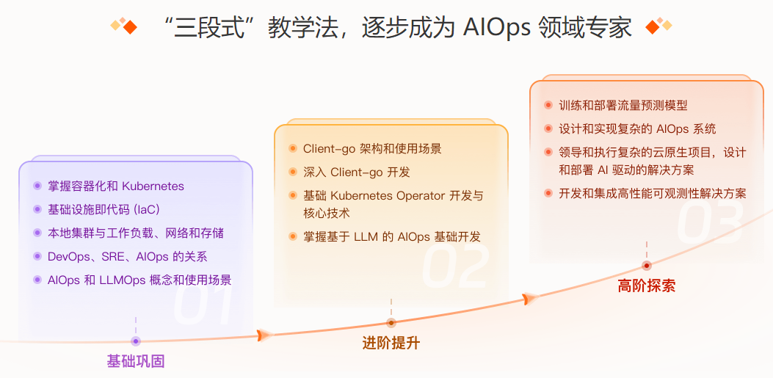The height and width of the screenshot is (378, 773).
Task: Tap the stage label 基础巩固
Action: [x=135, y=361]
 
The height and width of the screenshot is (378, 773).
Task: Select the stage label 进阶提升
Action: [x=391, y=343]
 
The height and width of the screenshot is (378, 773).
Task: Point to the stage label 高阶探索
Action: [x=646, y=286]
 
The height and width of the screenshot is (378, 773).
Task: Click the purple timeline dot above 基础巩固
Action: [x=135, y=341]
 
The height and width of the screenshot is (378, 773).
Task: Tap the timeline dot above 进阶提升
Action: [x=391, y=323]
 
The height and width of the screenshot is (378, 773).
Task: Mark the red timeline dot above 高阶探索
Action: [x=646, y=266]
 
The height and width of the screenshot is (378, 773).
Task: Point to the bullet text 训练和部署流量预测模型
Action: [x=623, y=106]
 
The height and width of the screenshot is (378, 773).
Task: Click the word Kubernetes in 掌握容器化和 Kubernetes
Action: [x=153, y=186]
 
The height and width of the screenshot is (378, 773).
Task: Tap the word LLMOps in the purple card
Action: [x=130, y=280]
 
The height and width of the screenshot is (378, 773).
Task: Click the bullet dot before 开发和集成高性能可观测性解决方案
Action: [x=548, y=193]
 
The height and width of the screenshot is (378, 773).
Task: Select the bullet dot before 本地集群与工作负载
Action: [x=37, y=233]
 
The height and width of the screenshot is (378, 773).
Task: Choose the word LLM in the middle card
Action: [x=366, y=236]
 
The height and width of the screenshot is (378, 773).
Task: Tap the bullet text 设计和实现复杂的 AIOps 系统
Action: [x=636, y=129]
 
